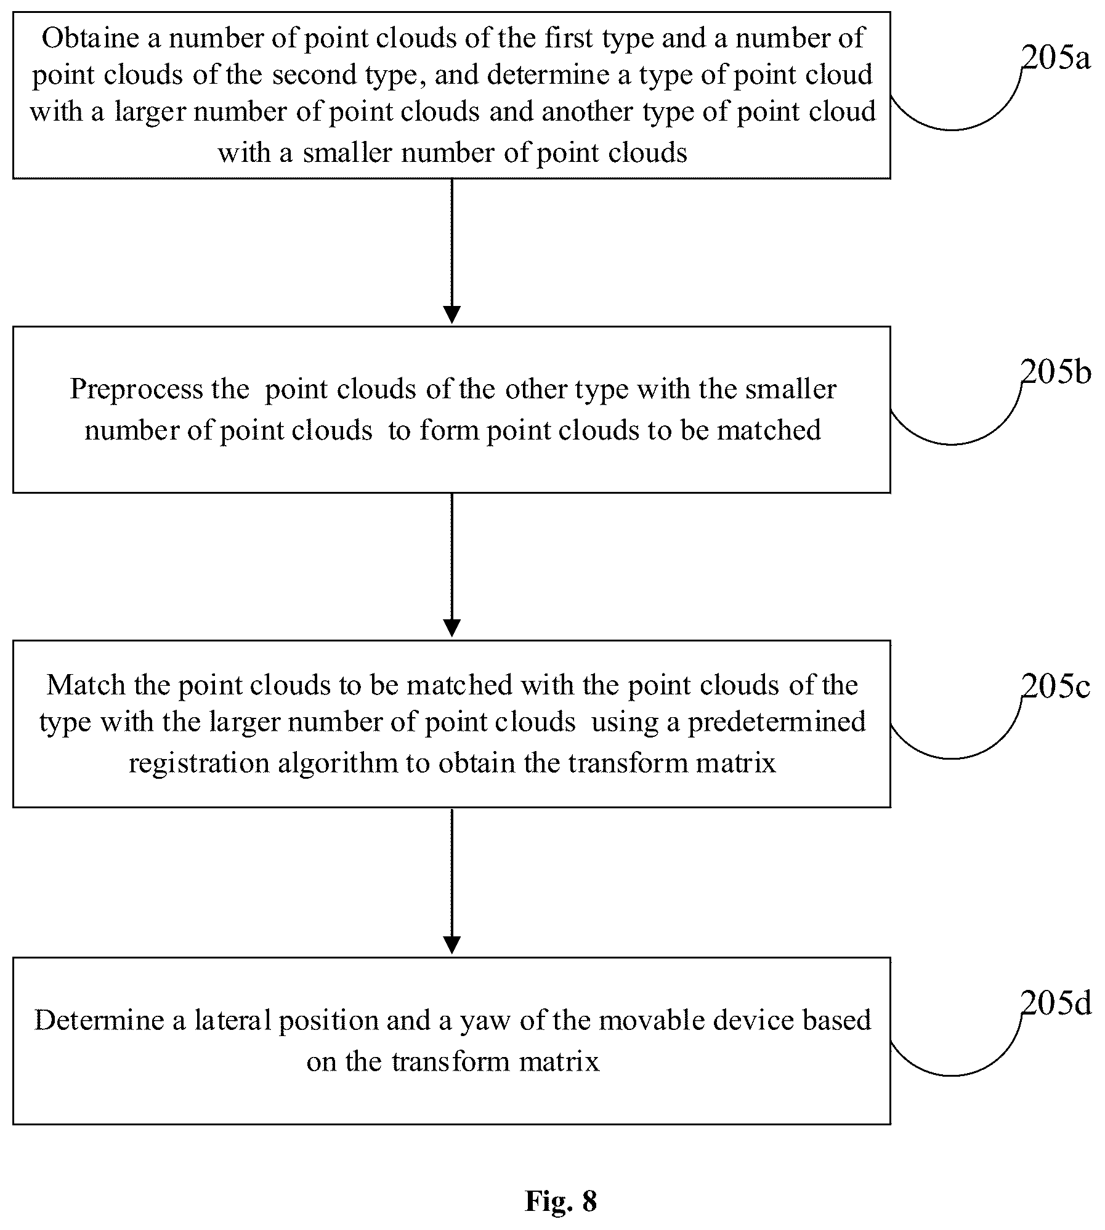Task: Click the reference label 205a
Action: tap(1056, 58)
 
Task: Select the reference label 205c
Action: tap(1056, 686)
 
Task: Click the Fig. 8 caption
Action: tap(561, 1201)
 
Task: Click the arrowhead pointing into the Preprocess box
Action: tap(451, 315)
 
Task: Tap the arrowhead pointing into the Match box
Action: tap(451, 629)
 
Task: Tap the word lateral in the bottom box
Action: tap(233, 1020)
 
